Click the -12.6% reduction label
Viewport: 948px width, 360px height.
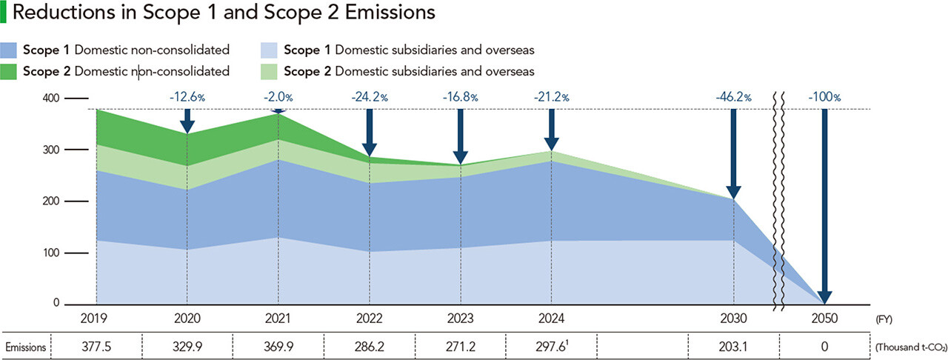[x=187, y=96]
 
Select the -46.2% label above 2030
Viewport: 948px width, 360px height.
[x=733, y=96]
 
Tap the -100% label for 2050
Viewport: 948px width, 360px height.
[x=824, y=96]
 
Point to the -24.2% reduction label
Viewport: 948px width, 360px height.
[x=369, y=96]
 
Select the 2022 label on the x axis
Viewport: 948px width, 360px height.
[x=369, y=319]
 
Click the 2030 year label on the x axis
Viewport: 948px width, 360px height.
[x=733, y=319]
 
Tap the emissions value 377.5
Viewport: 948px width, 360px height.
[x=96, y=346]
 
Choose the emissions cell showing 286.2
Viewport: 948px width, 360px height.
[x=369, y=346]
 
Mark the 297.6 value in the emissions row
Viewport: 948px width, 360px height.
[x=549, y=346]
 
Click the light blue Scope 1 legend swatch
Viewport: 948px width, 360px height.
[x=270, y=50]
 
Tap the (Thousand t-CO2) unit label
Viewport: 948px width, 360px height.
[x=909, y=347]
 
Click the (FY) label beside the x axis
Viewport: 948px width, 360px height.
[x=884, y=319]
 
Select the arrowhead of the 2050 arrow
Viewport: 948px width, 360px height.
[x=824, y=296]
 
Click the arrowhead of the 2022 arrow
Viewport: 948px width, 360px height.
[x=369, y=148]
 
